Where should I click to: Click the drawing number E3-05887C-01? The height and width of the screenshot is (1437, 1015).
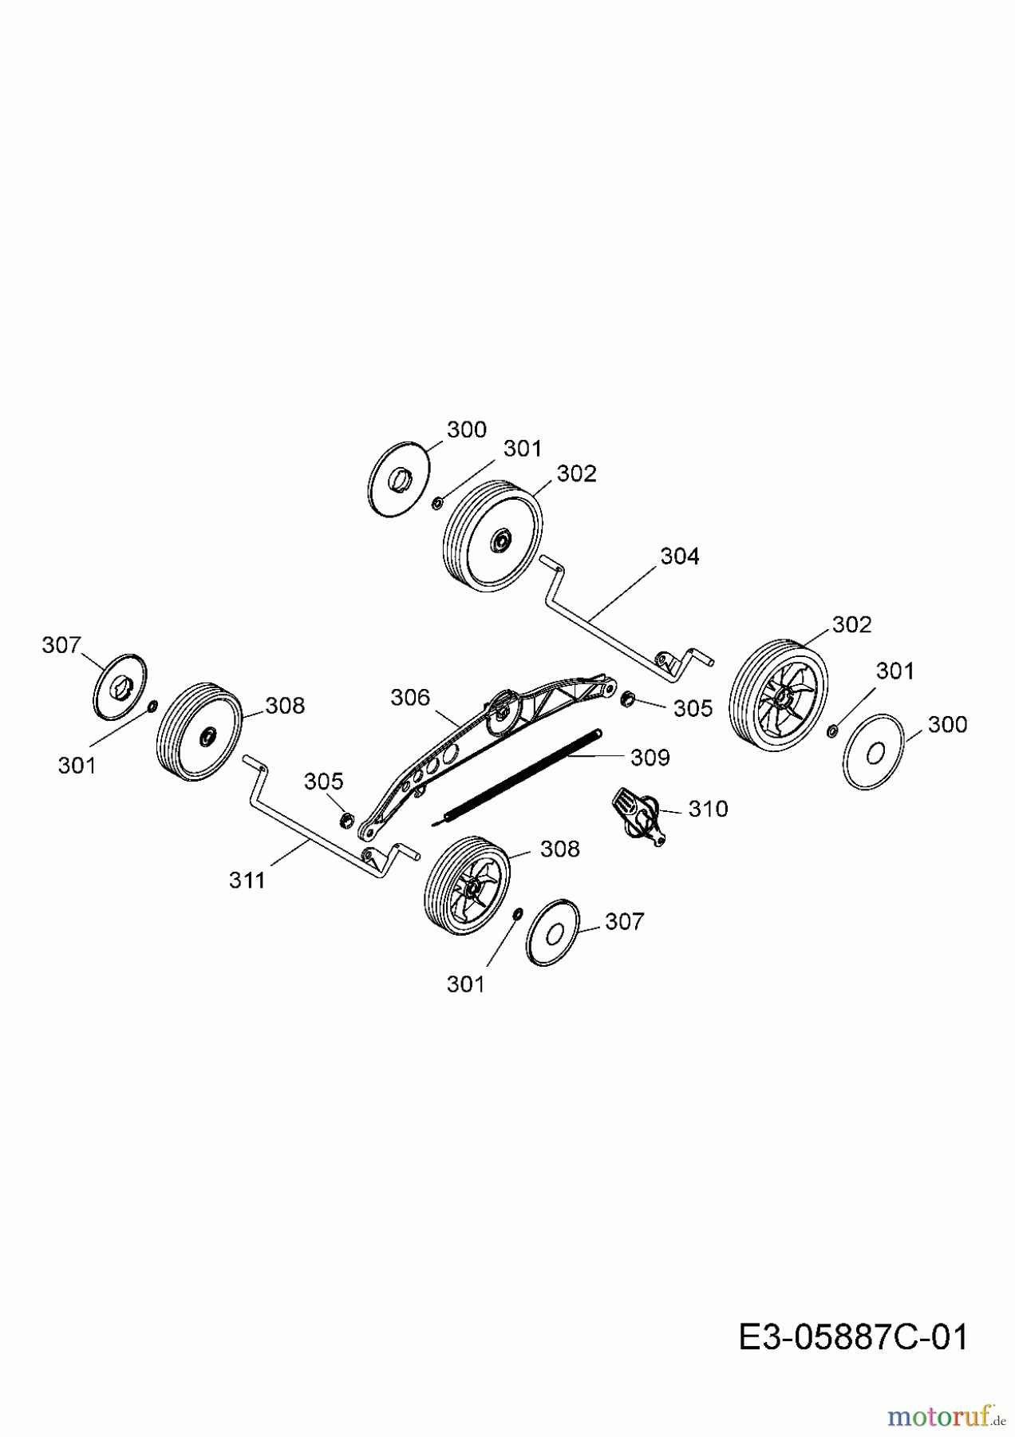click(852, 1336)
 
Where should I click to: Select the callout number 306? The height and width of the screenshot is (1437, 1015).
click(410, 697)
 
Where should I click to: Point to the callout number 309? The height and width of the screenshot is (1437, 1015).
click(650, 757)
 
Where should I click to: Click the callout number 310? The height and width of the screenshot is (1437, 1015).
click(708, 809)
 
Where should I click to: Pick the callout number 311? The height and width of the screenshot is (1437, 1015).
click(247, 880)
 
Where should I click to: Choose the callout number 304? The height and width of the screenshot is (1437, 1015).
click(679, 556)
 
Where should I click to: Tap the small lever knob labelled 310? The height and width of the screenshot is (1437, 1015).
click(638, 814)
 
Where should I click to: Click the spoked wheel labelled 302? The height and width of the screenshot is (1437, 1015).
click(779, 695)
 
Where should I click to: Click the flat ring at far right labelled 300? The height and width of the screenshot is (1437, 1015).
click(873, 751)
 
